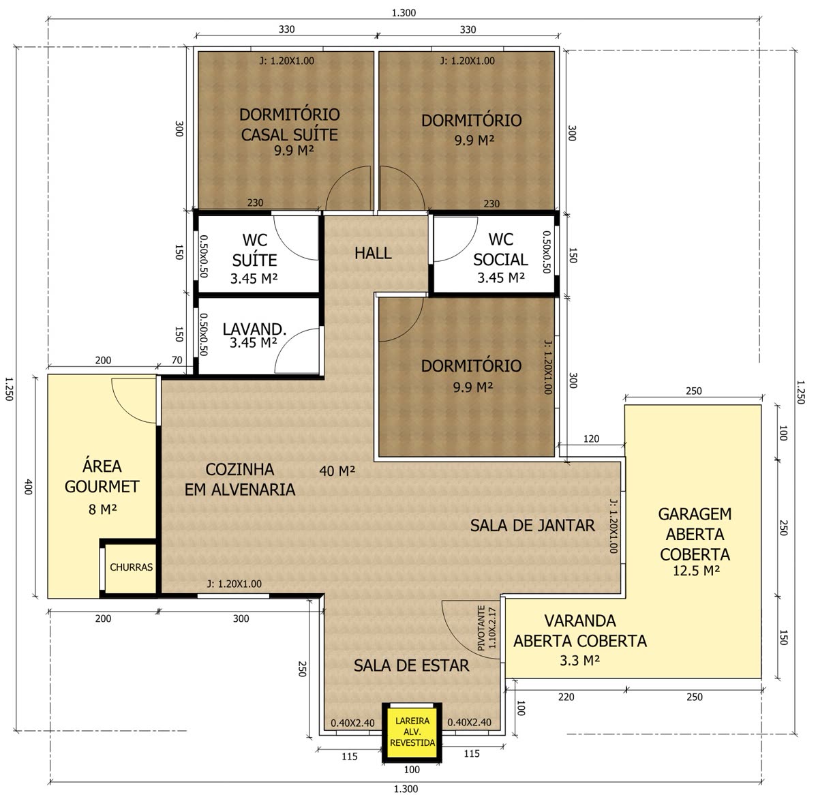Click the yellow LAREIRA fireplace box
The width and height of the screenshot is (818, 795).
click(x=412, y=732)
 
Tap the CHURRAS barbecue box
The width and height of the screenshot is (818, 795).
click(x=131, y=567)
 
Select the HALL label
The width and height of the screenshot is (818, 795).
click(x=373, y=253)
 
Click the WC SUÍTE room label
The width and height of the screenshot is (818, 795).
click(x=254, y=250)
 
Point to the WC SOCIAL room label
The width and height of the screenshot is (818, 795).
click(x=500, y=250)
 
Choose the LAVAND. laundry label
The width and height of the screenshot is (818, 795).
click(x=254, y=329)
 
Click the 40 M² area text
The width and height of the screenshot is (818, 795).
click(x=337, y=470)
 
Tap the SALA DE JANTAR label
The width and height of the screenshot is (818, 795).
click(x=532, y=526)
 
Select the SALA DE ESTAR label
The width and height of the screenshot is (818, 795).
click(x=411, y=665)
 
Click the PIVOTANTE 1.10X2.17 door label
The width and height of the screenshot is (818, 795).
click(x=487, y=628)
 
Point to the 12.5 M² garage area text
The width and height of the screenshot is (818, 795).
click(x=696, y=571)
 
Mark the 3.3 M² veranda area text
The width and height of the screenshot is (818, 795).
click(x=579, y=661)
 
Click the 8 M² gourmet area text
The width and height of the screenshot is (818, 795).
click(x=102, y=509)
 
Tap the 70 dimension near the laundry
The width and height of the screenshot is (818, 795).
click(x=177, y=360)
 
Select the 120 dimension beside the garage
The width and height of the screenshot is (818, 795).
click(x=591, y=439)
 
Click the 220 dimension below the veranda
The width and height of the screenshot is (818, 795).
click(x=566, y=697)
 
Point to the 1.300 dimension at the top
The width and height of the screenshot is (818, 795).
click(x=404, y=13)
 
